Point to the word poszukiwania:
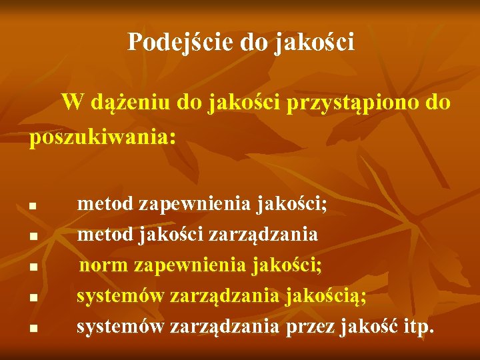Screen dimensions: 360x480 pyautogui.click(x=103, y=137)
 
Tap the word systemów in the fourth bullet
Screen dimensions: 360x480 pyautogui.click(x=120, y=296)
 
